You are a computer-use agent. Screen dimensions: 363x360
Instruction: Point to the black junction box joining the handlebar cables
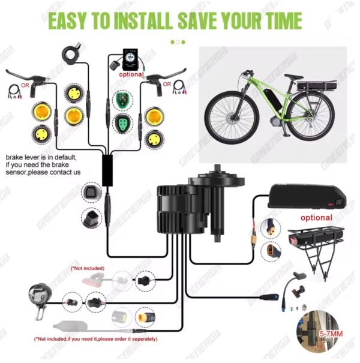pos(110,168)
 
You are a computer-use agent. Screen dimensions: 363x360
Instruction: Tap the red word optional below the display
pos(132,76)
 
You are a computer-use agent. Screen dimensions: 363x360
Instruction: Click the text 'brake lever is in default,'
pos(42,157)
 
